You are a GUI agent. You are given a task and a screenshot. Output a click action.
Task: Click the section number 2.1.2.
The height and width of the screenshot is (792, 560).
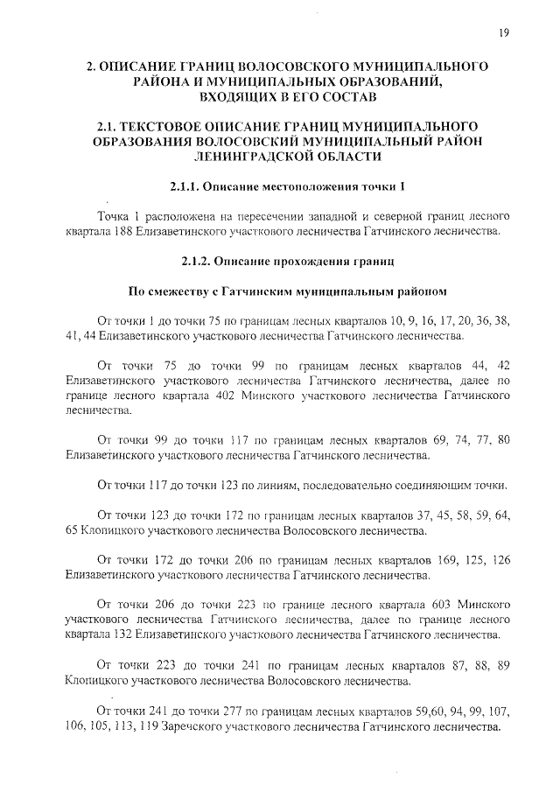coord(198,261)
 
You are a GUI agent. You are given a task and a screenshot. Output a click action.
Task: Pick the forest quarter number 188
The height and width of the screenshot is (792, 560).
coord(113,232)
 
